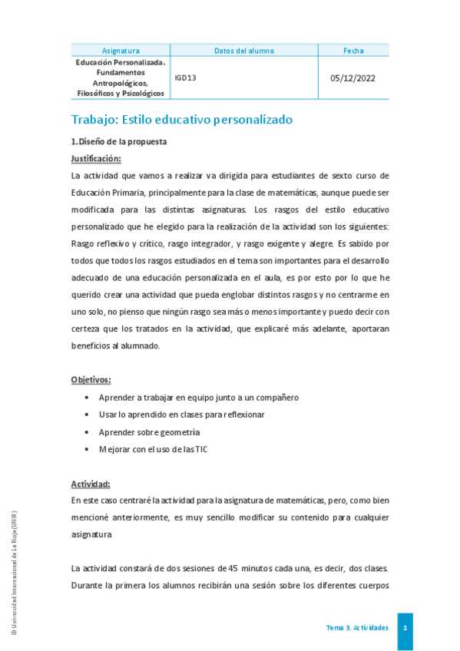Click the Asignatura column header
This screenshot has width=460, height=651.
tap(121, 51)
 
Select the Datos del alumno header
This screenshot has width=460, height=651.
tap(244, 51)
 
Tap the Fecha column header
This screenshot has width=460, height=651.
tap(353, 51)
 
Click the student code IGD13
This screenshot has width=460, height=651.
tap(185, 78)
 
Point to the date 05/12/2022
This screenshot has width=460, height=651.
tap(352, 78)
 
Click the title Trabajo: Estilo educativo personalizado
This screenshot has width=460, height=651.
tap(182, 120)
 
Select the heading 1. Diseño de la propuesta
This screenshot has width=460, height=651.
tap(119, 142)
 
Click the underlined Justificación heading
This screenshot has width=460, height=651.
tap(96, 158)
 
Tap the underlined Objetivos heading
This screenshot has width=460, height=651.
tap(91, 380)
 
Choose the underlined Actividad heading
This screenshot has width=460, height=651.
tap(91, 484)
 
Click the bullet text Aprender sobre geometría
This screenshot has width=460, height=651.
tap(149, 432)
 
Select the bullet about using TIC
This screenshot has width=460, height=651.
tap(153, 450)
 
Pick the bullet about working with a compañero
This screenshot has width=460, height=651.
tap(198, 398)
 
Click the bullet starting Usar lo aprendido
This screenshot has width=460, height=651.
tap(181, 415)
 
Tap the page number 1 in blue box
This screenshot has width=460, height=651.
tap(405, 628)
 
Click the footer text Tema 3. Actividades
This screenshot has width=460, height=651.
tap(357, 628)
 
